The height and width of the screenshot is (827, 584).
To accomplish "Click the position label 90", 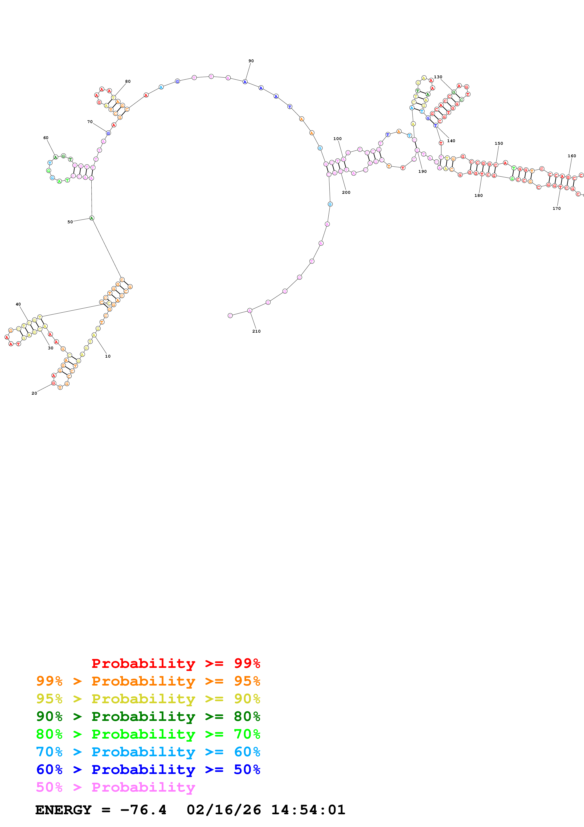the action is pos(251,61).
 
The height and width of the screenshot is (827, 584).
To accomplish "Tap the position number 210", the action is pos(256,331).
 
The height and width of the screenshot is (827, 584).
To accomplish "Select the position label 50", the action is pos(70,222).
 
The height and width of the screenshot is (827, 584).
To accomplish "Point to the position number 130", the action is pos(438,77).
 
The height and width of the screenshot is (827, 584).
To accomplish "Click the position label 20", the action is pos(34,393).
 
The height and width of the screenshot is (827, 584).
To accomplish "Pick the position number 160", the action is pos(572,156).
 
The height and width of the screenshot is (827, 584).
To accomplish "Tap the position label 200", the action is pos(346,192).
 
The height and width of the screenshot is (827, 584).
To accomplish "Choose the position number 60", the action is pos(46,138).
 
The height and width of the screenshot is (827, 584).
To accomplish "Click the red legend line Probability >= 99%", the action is pos(176,663).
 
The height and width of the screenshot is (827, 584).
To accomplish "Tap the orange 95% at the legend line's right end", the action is pos(247,681).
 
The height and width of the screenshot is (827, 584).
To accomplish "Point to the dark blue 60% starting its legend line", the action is pos(49,769).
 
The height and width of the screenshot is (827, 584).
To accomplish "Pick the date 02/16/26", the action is pos(224,810).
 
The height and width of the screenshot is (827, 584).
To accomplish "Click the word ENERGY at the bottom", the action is pos(63,810).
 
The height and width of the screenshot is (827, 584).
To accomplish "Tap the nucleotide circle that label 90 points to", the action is pos(245,82).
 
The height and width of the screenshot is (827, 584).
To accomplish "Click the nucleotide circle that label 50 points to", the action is pos(92,218).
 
